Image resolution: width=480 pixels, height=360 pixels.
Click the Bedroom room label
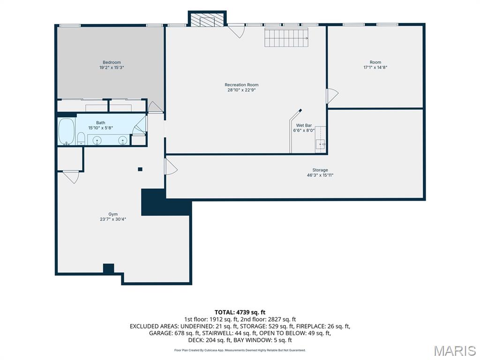tap(112, 62)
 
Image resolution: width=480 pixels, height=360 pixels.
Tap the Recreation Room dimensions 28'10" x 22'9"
tap(241, 90)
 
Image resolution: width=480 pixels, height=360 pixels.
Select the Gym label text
tap(113, 214)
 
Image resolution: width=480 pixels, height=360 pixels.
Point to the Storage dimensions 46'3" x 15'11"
tap(320, 175)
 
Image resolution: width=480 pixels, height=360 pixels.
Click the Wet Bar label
tap(304, 125)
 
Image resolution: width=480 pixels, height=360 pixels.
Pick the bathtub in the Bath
tap(67, 132)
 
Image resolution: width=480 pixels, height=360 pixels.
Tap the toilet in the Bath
tap(81, 138)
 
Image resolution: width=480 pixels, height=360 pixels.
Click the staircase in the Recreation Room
tap(286, 37)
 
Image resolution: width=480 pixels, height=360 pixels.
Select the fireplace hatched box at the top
tap(207, 20)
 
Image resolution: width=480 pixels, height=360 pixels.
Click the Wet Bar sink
tap(320, 144)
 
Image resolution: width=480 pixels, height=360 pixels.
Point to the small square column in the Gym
tap(140, 169)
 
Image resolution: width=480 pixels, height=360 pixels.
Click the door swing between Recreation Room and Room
tap(332, 96)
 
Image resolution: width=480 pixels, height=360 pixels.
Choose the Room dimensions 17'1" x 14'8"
tap(375, 67)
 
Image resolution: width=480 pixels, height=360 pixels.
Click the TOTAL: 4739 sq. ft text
tap(240, 312)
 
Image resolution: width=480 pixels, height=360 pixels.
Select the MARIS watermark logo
tap(455, 351)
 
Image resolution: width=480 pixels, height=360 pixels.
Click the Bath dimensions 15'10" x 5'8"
tap(101, 128)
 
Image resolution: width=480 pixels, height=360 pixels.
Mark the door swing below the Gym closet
tap(71, 177)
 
